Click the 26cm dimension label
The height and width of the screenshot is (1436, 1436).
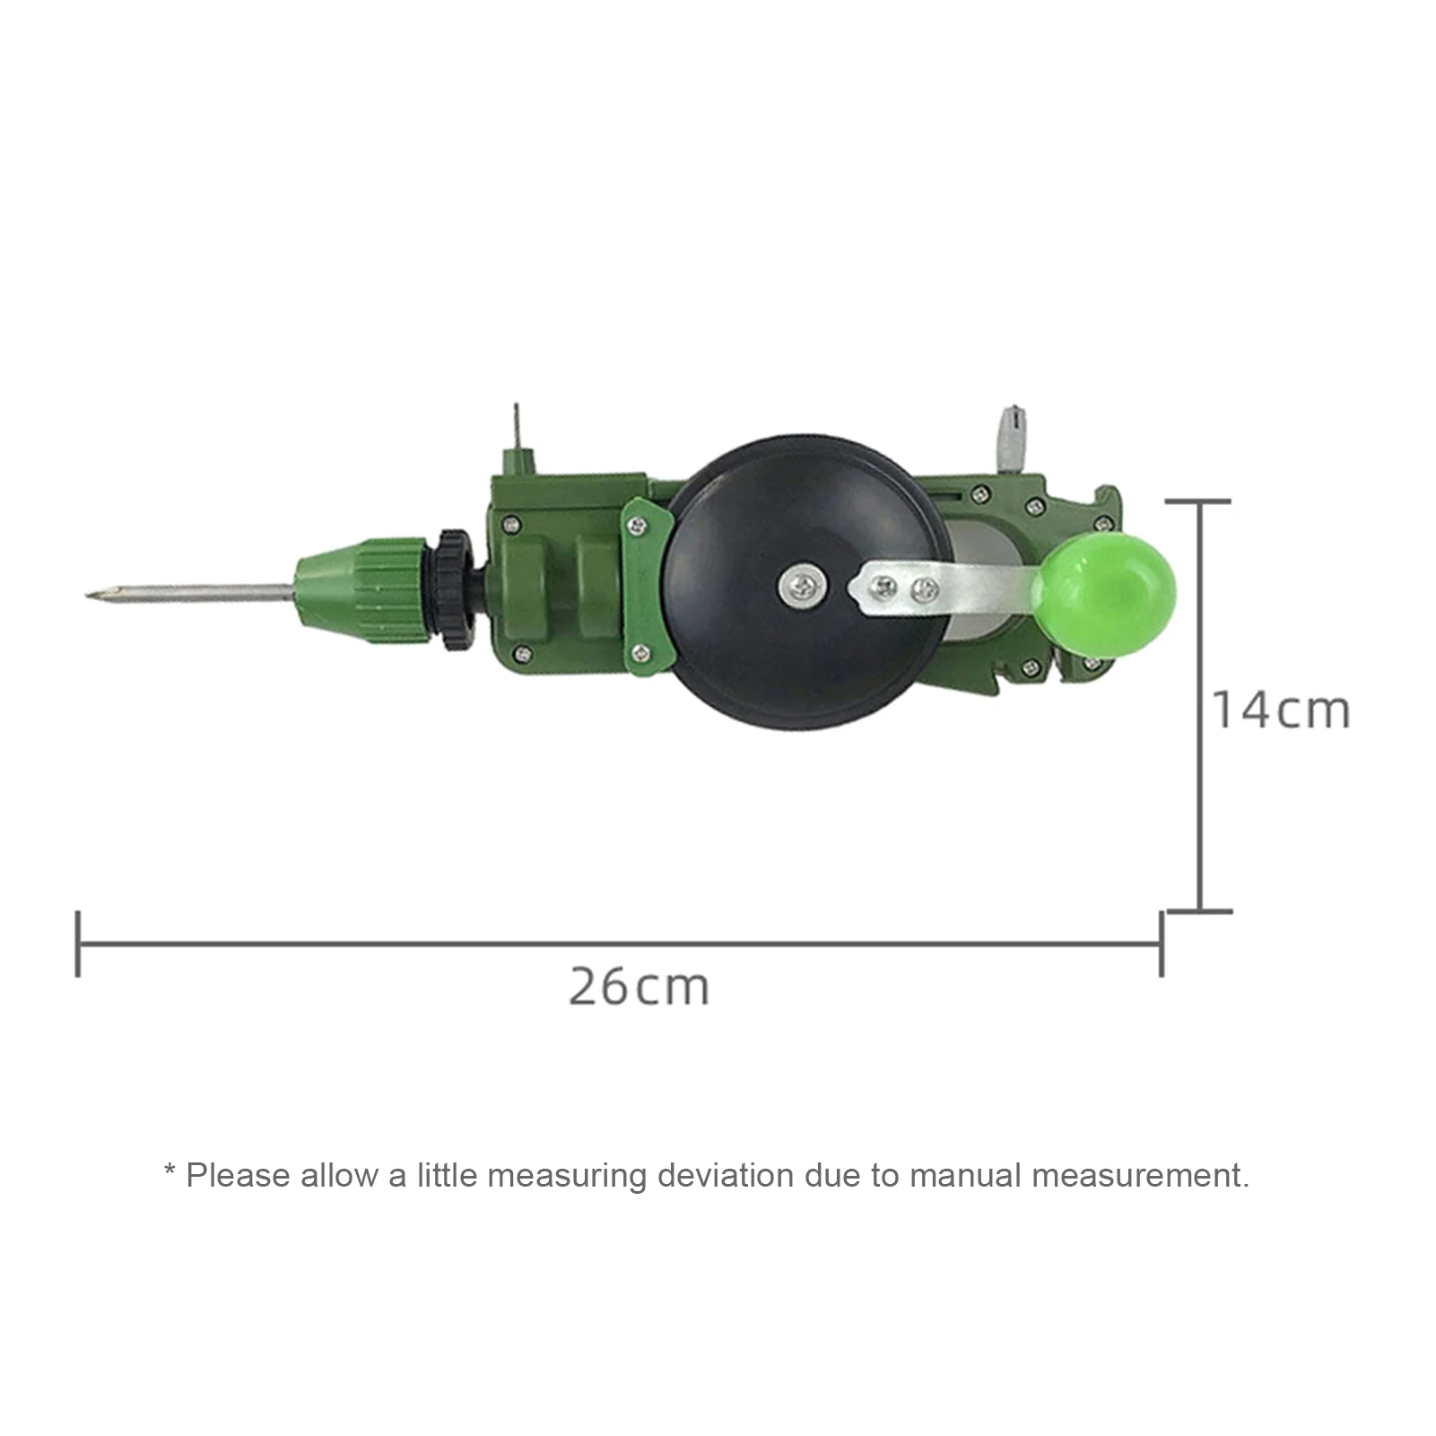(x=639, y=988)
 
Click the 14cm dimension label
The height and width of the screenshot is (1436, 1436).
(x=1280, y=710)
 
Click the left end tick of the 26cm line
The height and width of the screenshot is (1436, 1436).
(x=79, y=944)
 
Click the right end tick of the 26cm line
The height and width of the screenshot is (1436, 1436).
(x=1162, y=944)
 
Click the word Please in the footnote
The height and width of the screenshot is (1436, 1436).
(x=238, y=1175)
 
